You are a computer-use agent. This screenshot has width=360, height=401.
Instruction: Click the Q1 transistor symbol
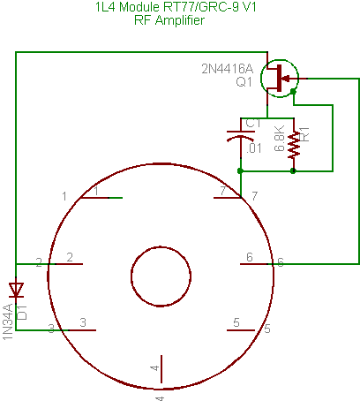[280, 79]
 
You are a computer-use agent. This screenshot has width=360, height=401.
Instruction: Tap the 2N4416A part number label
[227, 69]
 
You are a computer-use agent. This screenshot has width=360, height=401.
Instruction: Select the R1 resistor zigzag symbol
[294, 145]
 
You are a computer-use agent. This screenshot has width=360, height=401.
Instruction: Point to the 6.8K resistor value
[280, 138]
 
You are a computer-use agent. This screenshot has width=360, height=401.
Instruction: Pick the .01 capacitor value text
[253, 148]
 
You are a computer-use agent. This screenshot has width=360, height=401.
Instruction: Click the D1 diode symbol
[16, 290]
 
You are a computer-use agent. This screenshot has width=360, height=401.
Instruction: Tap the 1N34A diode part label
[8, 322]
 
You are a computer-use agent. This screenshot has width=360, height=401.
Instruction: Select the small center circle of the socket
[161, 276]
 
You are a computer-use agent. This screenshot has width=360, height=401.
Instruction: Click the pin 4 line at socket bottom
[161, 369]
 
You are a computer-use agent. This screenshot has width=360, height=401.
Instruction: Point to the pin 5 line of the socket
[241, 330]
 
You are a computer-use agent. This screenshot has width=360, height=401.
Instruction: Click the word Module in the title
[139, 7]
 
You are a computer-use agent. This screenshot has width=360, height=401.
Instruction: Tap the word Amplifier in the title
[180, 20]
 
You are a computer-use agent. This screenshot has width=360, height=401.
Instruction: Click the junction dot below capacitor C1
[240, 170]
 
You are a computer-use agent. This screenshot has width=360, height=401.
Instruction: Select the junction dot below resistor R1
[293, 170]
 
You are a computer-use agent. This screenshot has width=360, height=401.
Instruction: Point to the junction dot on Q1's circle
[293, 92]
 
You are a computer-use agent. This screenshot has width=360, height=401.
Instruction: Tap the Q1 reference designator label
[244, 82]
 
